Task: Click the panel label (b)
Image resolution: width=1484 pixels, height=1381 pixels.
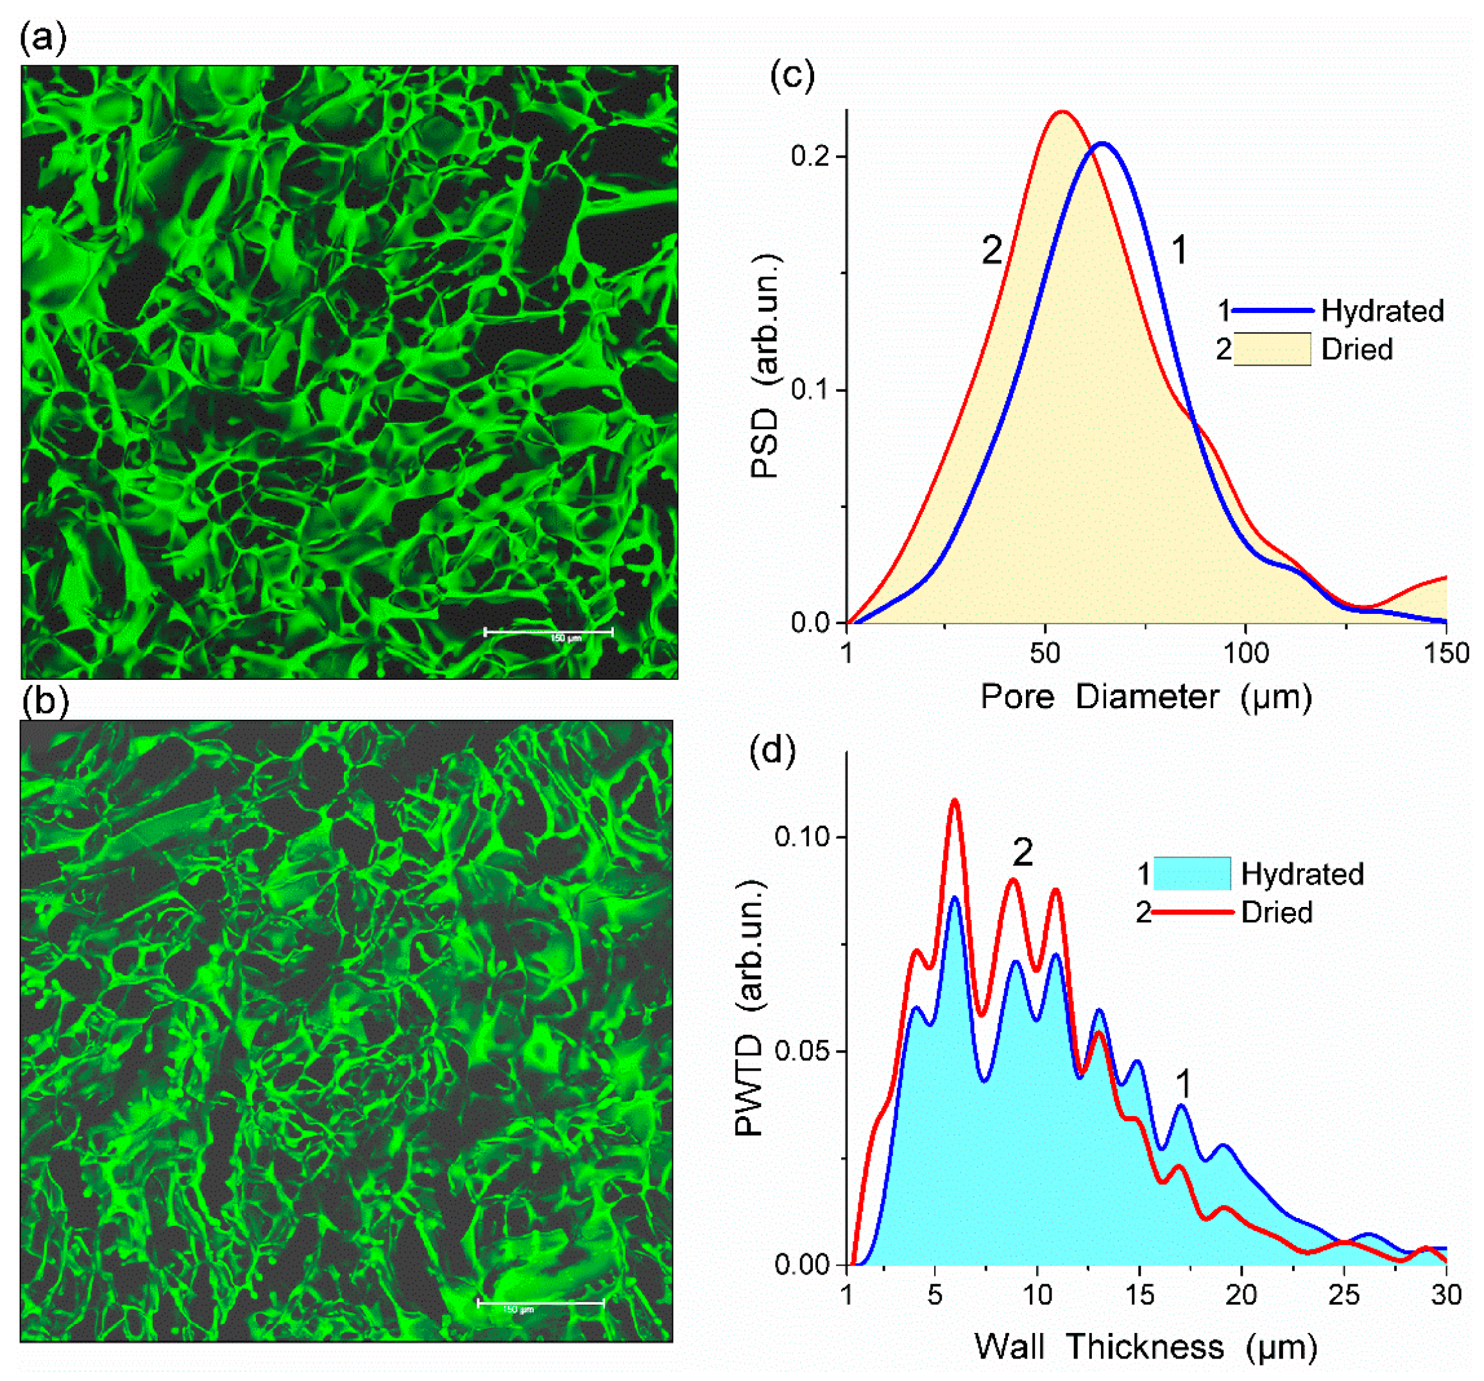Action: [45, 702]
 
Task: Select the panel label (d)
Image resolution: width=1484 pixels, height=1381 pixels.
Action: [772, 750]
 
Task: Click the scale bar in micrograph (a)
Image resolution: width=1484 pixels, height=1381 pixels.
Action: [549, 632]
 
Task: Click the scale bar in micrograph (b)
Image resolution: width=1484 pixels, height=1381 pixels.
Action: [540, 1304]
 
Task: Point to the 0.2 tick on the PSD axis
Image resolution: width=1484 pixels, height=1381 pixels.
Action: [814, 156]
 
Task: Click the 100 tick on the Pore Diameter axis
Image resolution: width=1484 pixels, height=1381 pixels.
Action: [1246, 654]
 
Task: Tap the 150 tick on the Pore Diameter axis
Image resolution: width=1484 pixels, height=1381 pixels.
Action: [1447, 654]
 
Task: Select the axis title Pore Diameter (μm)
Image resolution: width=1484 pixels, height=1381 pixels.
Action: [1146, 697]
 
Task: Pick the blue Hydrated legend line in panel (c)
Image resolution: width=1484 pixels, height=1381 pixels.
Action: [1272, 310]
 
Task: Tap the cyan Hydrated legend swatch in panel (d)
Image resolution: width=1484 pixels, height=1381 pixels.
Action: [1192, 874]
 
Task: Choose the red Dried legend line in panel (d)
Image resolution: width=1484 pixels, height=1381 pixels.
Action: [1192, 911]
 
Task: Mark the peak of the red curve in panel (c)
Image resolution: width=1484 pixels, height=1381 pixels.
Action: [1061, 112]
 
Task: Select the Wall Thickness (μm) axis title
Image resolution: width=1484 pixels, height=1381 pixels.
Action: [1146, 1346]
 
